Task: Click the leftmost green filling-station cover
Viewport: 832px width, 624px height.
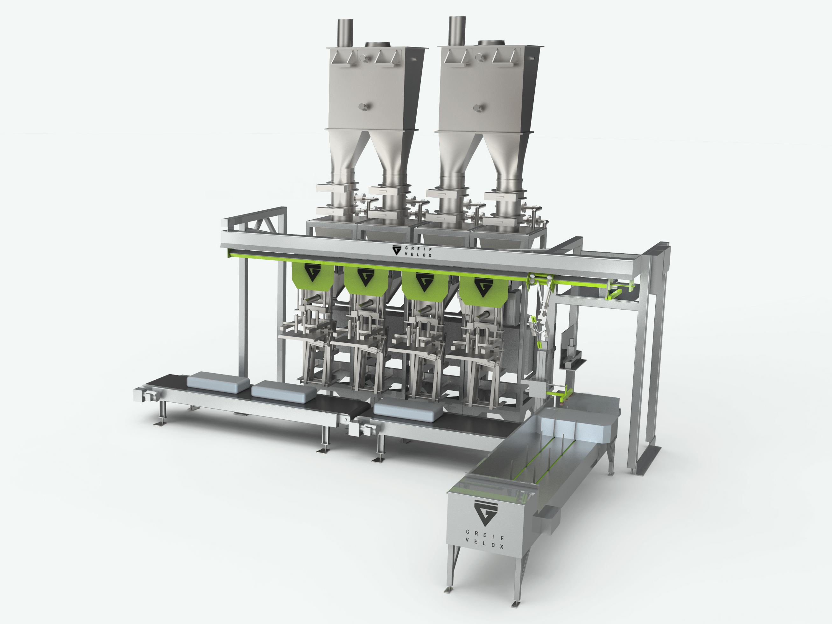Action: coord(313,276)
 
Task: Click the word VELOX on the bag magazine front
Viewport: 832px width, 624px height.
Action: coord(484,543)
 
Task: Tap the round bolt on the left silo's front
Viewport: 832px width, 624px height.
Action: coord(364,107)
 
